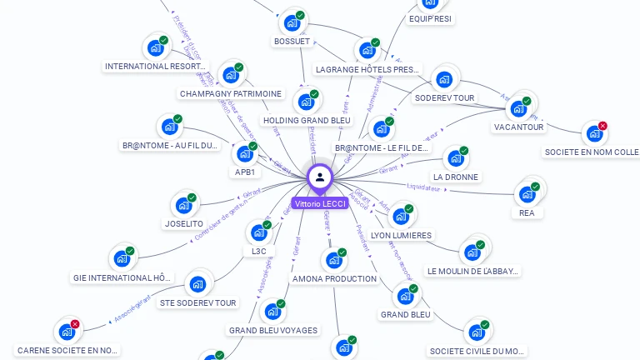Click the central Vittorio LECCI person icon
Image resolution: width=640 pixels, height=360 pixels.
click(320, 177)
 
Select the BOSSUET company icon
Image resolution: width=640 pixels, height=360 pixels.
click(292, 22)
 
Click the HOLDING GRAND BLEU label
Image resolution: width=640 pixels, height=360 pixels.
click(307, 120)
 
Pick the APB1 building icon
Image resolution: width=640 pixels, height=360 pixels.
click(244, 153)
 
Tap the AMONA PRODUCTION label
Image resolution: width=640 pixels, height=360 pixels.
click(334, 278)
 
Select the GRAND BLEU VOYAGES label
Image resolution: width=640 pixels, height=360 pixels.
click(273, 330)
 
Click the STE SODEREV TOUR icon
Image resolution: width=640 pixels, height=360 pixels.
click(197, 284)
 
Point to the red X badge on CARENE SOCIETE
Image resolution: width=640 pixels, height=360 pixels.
click(75, 324)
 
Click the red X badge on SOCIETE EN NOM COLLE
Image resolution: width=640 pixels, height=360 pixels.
click(602, 126)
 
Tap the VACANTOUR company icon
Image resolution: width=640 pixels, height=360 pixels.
click(518, 108)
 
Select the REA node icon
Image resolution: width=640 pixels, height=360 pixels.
click(527, 194)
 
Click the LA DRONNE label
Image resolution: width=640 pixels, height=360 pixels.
click(455, 177)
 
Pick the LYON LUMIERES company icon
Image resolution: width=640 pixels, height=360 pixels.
click(401, 217)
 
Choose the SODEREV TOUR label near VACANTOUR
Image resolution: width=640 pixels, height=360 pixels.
click(444, 97)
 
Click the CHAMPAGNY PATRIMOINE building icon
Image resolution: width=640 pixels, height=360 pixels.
click(231, 75)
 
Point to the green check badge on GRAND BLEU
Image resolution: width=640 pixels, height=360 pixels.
click(413, 288)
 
